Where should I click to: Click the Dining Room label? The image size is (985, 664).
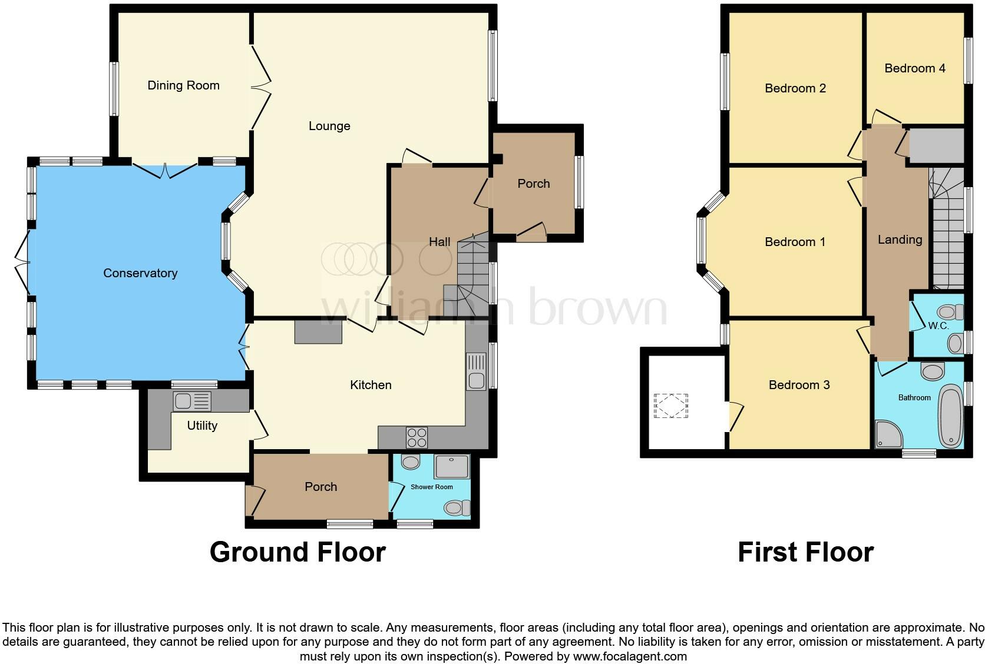[x=183, y=85]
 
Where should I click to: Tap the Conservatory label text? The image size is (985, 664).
[x=140, y=273]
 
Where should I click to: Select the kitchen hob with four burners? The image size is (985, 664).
[x=417, y=437]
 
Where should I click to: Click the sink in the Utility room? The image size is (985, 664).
[x=192, y=401]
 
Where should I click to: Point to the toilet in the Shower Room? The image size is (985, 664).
[x=457, y=508]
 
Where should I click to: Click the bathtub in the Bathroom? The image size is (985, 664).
[x=950, y=416]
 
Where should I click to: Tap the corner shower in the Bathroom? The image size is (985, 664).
[x=888, y=434]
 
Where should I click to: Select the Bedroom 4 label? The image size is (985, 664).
[x=915, y=68]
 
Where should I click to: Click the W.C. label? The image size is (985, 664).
[x=938, y=326]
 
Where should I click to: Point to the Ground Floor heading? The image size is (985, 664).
[x=298, y=552]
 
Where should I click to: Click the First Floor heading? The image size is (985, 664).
[x=805, y=552]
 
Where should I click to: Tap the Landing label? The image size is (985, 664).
[x=900, y=240]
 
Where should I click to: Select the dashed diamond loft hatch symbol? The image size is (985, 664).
[x=670, y=406]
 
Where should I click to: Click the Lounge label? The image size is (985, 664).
[x=329, y=126]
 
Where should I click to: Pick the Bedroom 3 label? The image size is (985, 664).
[x=799, y=385]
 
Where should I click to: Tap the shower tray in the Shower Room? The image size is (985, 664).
[x=452, y=466]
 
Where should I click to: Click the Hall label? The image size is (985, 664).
[x=439, y=242]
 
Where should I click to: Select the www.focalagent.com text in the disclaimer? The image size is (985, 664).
[x=630, y=656]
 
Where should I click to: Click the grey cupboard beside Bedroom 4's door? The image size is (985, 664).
[x=936, y=146]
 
